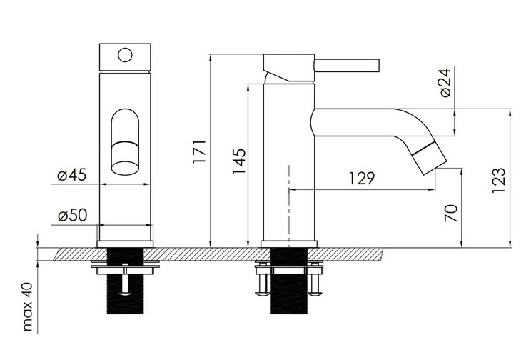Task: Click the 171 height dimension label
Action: (x=198, y=152)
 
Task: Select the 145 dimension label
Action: (x=239, y=161)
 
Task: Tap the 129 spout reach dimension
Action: (x=362, y=179)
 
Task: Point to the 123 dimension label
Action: (x=498, y=180)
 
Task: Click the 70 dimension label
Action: (x=451, y=213)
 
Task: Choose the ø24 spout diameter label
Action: (x=446, y=83)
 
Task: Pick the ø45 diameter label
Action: (x=72, y=175)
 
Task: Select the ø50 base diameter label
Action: (x=73, y=215)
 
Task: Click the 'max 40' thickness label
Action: (x=28, y=307)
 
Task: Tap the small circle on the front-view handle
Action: (x=125, y=56)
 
